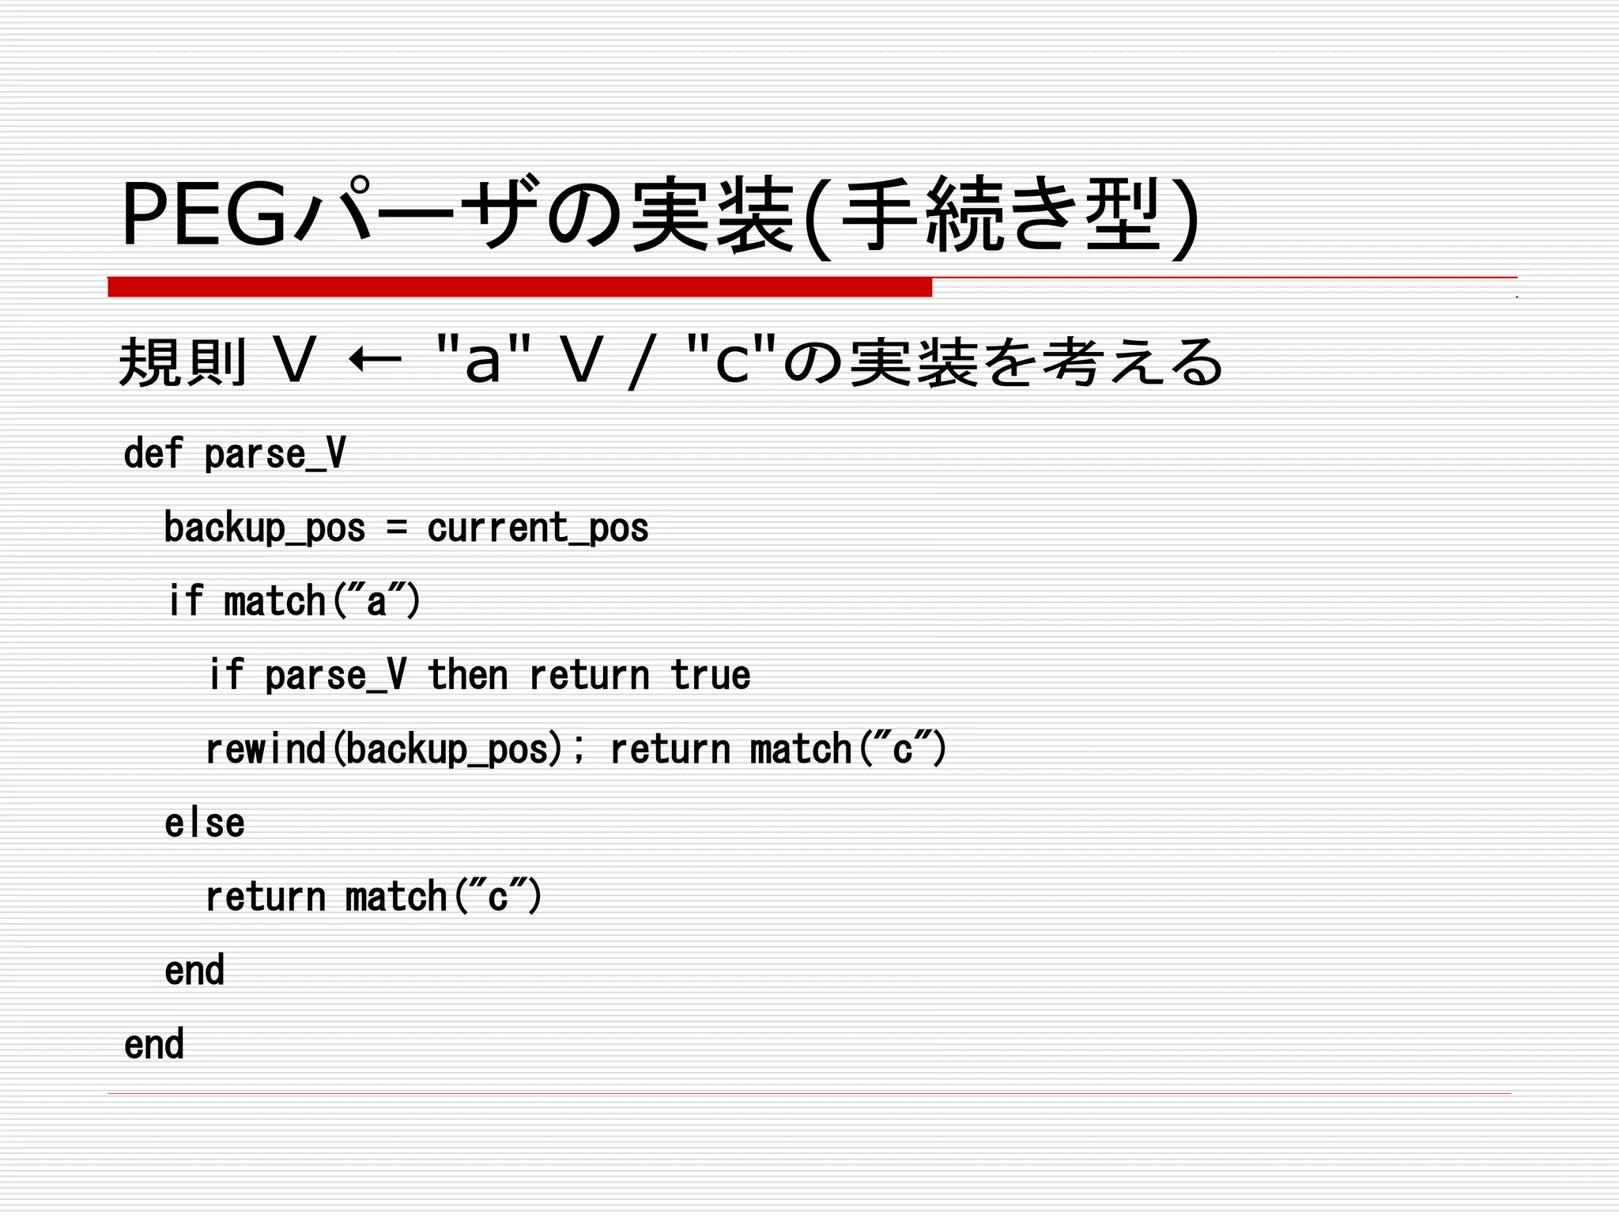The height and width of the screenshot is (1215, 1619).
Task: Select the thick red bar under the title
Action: point(519,286)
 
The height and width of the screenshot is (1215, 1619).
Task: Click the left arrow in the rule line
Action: point(375,361)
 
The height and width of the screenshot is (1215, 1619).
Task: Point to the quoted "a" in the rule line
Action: point(483,360)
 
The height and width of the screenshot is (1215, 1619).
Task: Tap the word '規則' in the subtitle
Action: point(183,361)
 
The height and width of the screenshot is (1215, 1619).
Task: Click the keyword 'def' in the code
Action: point(153,453)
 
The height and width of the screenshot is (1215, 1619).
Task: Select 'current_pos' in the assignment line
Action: point(538,528)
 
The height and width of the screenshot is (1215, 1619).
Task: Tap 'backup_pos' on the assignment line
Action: point(265,528)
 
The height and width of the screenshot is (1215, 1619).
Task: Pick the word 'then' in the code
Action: point(467,675)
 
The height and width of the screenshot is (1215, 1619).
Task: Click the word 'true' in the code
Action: point(710,675)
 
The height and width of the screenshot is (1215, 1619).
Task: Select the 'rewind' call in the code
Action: point(266,748)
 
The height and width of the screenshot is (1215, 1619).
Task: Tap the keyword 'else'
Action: point(205,823)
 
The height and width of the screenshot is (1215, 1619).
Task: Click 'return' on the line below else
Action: point(266,897)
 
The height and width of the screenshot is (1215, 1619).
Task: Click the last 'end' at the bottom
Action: point(154,1044)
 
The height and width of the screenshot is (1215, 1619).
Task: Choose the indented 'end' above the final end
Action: point(194,971)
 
